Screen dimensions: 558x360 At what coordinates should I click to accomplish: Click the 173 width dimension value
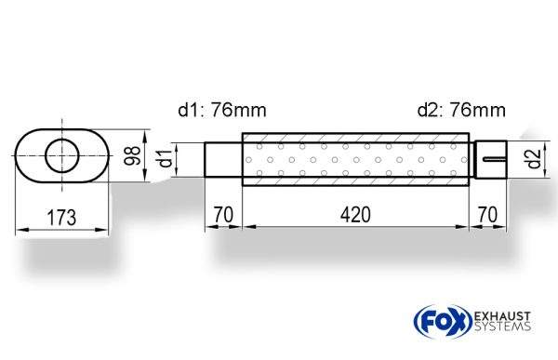point(61,218)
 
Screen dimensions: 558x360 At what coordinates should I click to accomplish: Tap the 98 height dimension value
point(132,155)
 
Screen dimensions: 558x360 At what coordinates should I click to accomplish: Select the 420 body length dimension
point(355,215)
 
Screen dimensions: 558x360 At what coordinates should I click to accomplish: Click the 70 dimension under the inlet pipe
point(223,215)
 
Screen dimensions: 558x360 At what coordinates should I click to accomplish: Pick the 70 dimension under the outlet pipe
point(487,215)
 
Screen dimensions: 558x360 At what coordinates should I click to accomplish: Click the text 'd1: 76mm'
point(222,110)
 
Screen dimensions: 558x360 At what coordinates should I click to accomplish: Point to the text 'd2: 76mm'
point(461,110)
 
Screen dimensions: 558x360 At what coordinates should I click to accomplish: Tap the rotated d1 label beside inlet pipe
point(165,159)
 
